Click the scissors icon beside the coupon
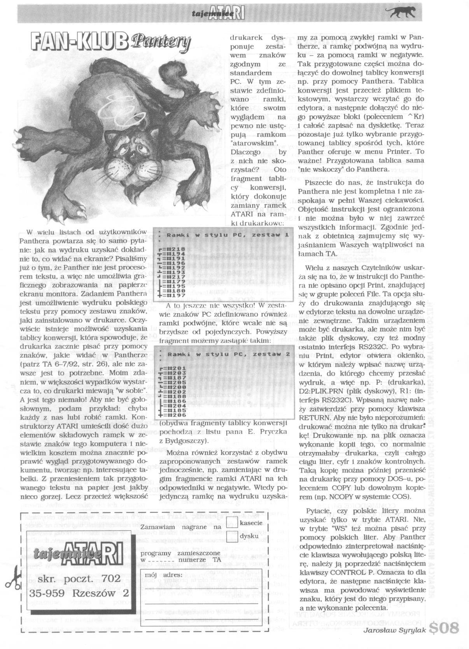(x=13, y=581)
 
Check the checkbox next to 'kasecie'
(x=232, y=523)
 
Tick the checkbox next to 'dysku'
(x=232, y=536)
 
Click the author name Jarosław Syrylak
(x=394, y=630)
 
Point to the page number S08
(x=445, y=629)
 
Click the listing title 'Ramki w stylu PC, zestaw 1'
(x=227, y=235)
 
